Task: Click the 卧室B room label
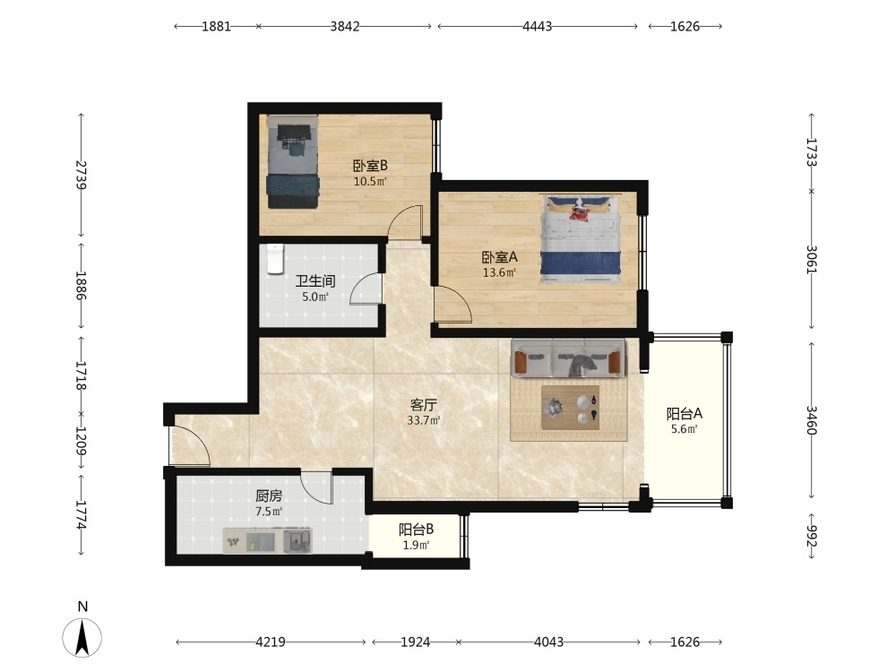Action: [370, 166]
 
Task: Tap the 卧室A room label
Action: [499, 257]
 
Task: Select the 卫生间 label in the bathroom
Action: [314, 281]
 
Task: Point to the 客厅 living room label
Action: [424, 405]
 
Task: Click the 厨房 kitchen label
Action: [269, 496]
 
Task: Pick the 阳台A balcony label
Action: [684, 414]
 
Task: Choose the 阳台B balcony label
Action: [416, 530]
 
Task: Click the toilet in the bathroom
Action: [275, 259]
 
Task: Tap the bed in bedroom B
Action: [293, 162]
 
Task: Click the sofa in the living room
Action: [568, 358]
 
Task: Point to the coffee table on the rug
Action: [570, 408]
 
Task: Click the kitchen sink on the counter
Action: [297, 540]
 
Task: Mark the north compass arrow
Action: [82, 637]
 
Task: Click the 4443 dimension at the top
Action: [538, 26]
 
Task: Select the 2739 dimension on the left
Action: [82, 175]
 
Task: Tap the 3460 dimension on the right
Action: [812, 420]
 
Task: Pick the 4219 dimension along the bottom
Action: [271, 642]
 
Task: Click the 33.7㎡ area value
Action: [424, 420]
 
